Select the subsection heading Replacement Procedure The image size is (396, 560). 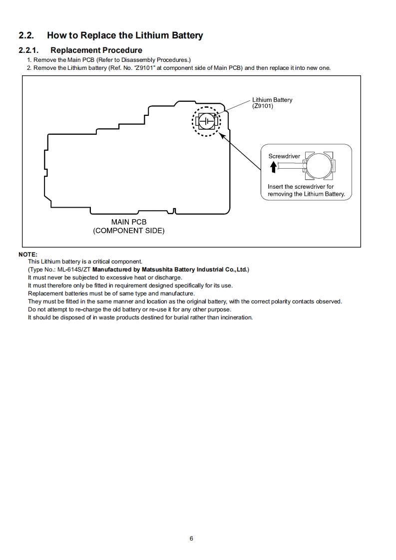click(x=96, y=50)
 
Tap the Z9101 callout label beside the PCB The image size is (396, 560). click(x=263, y=106)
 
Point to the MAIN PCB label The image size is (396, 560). click(x=129, y=222)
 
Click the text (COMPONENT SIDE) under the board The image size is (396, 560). click(x=129, y=231)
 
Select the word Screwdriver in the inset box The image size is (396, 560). click(x=284, y=156)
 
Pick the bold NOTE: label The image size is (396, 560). click(x=28, y=254)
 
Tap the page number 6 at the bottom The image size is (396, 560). click(x=191, y=539)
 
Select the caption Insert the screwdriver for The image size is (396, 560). click(x=301, y=187)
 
